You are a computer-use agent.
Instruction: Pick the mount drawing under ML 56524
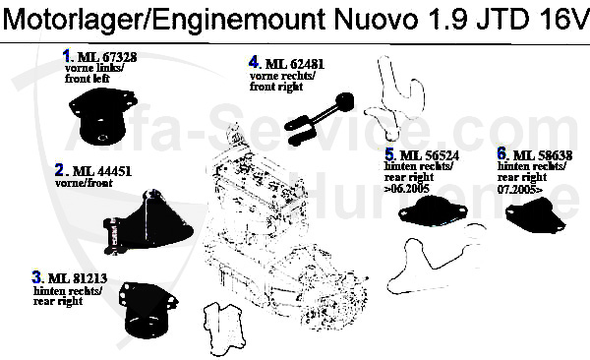[x=434, y=210]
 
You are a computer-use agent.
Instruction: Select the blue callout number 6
[x=502, y=154]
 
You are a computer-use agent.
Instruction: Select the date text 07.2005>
[x=525, y=187]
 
